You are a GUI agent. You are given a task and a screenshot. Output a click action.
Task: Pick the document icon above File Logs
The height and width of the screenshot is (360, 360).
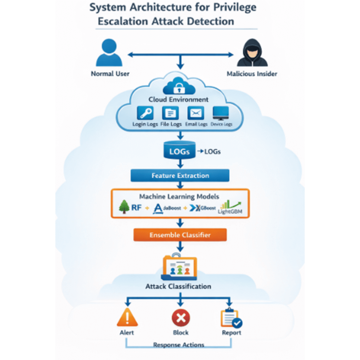(x=171, y=113)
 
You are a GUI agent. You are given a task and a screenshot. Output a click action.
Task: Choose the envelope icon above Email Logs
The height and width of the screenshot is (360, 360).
(x=195, y=113)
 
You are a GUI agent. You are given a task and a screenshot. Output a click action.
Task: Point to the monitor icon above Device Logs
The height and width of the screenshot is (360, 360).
(x=221, y=113)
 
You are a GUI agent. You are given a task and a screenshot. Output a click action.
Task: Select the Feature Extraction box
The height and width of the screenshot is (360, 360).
(x=180, y=175)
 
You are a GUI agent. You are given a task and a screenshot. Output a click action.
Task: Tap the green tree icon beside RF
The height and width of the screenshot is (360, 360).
(x=124, y=207)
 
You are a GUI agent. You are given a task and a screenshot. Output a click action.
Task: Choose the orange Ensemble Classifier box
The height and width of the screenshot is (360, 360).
(x=180, y=235)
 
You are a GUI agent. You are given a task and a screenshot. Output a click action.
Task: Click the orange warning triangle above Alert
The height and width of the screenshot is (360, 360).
(x=127, y=319)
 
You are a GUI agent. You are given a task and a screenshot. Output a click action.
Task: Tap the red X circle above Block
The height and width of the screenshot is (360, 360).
(x=181, y=319)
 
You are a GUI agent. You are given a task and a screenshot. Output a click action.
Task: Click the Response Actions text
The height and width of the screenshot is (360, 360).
(x=178, y=345)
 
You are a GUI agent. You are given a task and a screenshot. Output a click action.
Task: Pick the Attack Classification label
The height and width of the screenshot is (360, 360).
(x=178, y=286)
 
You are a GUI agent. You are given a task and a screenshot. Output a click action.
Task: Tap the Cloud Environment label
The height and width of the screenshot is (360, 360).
(x=178, y=99)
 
